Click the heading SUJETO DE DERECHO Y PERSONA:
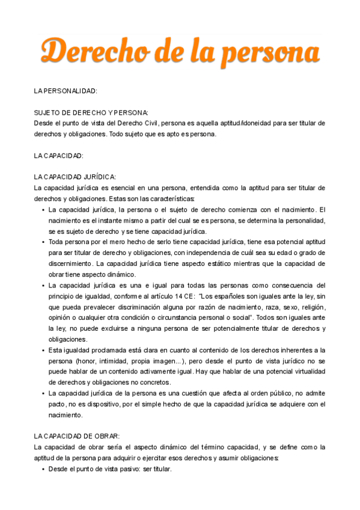[91, 112]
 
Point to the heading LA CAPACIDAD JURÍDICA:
[75, 177]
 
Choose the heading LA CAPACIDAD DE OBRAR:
[78, 437]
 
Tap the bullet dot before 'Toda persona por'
[43, 242]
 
